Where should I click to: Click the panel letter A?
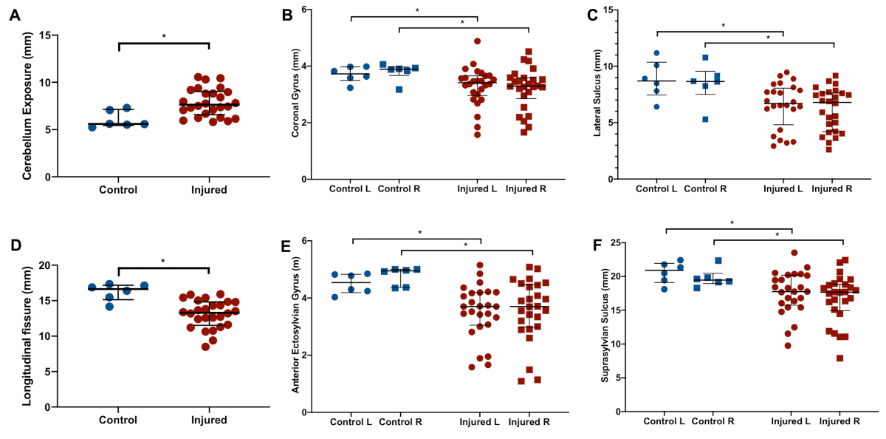(13, 15)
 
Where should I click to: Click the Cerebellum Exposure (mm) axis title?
(27, 106)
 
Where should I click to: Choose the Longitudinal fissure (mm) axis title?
(27, 337)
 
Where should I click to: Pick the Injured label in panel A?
(208, 189)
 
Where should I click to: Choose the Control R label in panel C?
(705, 189)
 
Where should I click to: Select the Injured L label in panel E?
(480, 422)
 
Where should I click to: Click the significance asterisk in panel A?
(164, 35)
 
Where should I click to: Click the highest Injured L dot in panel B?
(478, 41)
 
